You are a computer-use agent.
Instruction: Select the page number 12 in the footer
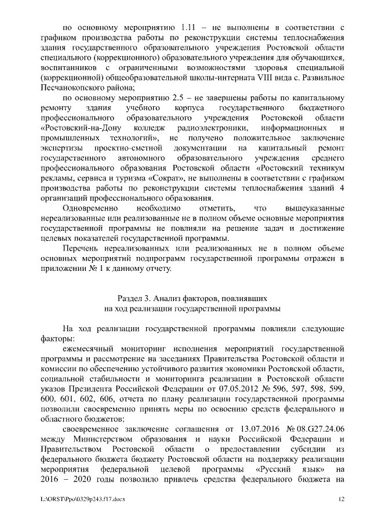pos(341,499)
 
